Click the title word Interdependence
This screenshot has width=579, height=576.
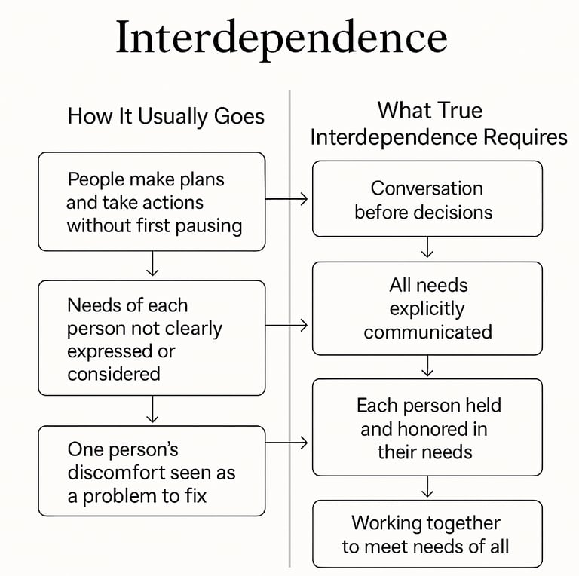point(281,38)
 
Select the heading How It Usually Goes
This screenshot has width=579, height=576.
point(166,116)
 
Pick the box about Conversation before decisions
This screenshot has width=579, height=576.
point(427,199)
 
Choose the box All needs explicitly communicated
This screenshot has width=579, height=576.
point(427,308)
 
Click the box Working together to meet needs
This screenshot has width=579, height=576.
point(427,534)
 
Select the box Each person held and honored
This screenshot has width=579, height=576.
point(427,427)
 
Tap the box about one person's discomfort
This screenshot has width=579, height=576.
point(152,471)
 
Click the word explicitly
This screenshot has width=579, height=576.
point(427,308)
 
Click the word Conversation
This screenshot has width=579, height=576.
point(427,188)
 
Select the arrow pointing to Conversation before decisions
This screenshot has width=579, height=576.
point(288,199)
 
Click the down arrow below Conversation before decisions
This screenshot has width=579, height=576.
point(427,248)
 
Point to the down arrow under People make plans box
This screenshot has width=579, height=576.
point(152,265)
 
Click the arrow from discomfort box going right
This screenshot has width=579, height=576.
point(288,443)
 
